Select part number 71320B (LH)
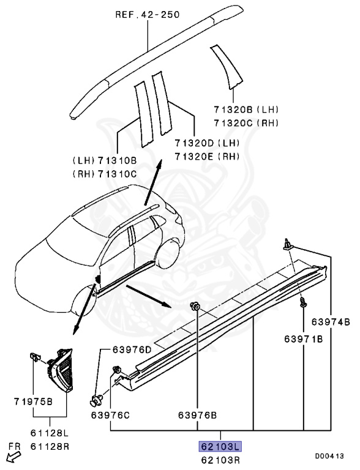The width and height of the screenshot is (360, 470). [x=244, y=110]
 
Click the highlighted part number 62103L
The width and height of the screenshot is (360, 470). [x=219, y=446]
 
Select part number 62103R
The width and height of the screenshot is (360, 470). [x=219, y=458]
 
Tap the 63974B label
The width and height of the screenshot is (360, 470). [x=331, y=322]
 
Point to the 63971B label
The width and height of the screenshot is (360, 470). [x=303, y=338]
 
